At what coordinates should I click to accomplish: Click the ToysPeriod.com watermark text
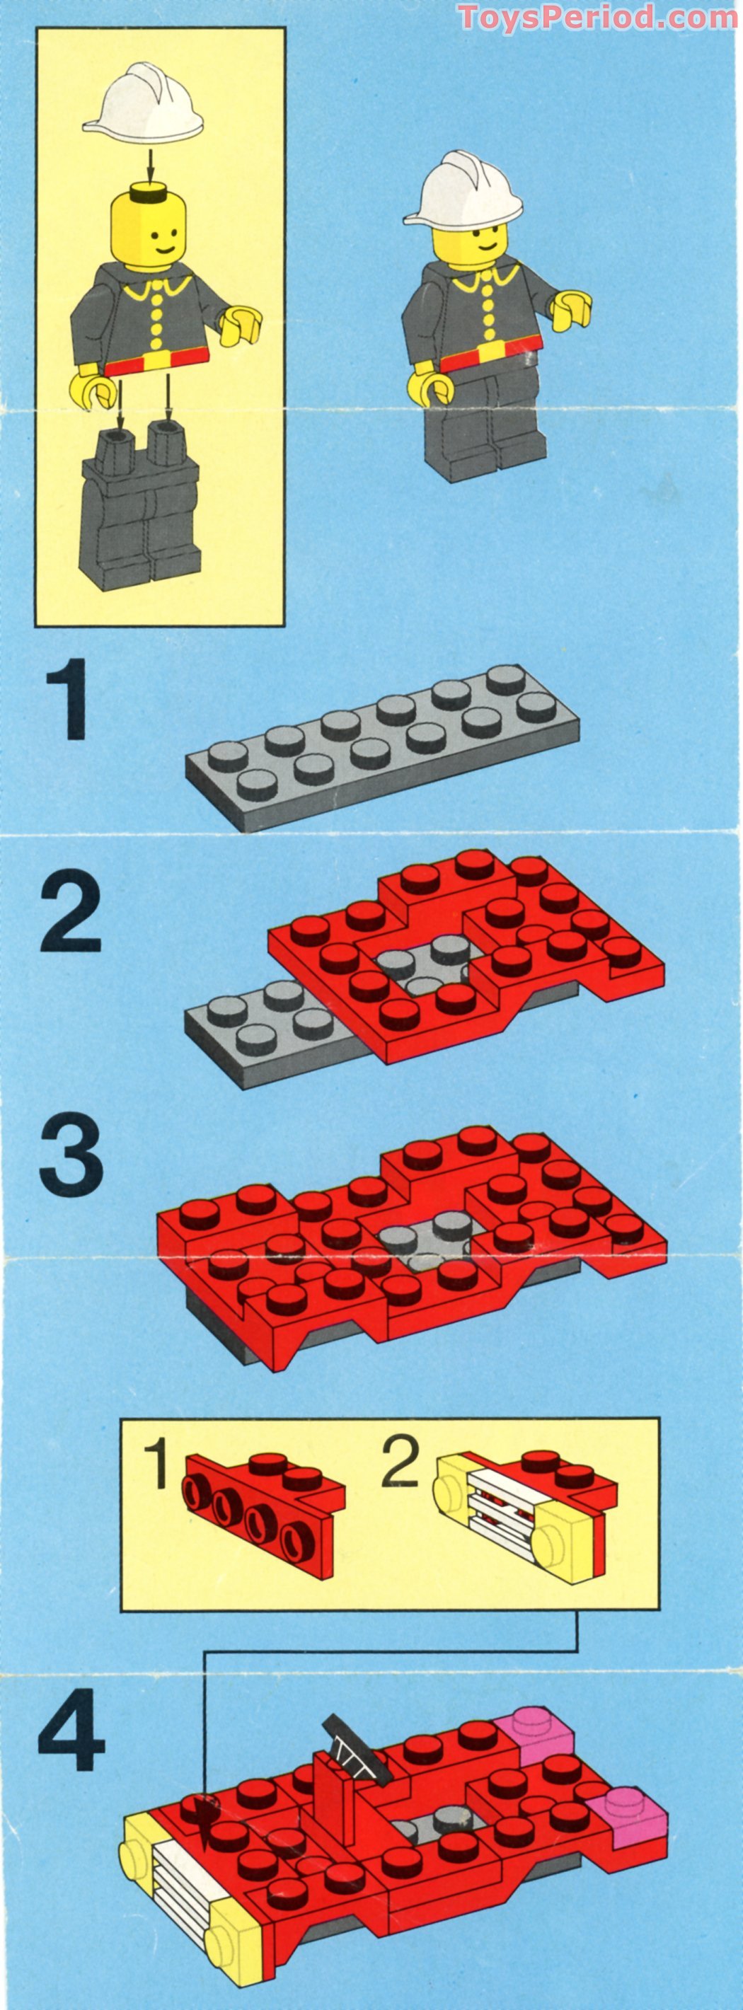click(x=597, y=16)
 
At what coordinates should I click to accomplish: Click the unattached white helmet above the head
click(x=144, y=107)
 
